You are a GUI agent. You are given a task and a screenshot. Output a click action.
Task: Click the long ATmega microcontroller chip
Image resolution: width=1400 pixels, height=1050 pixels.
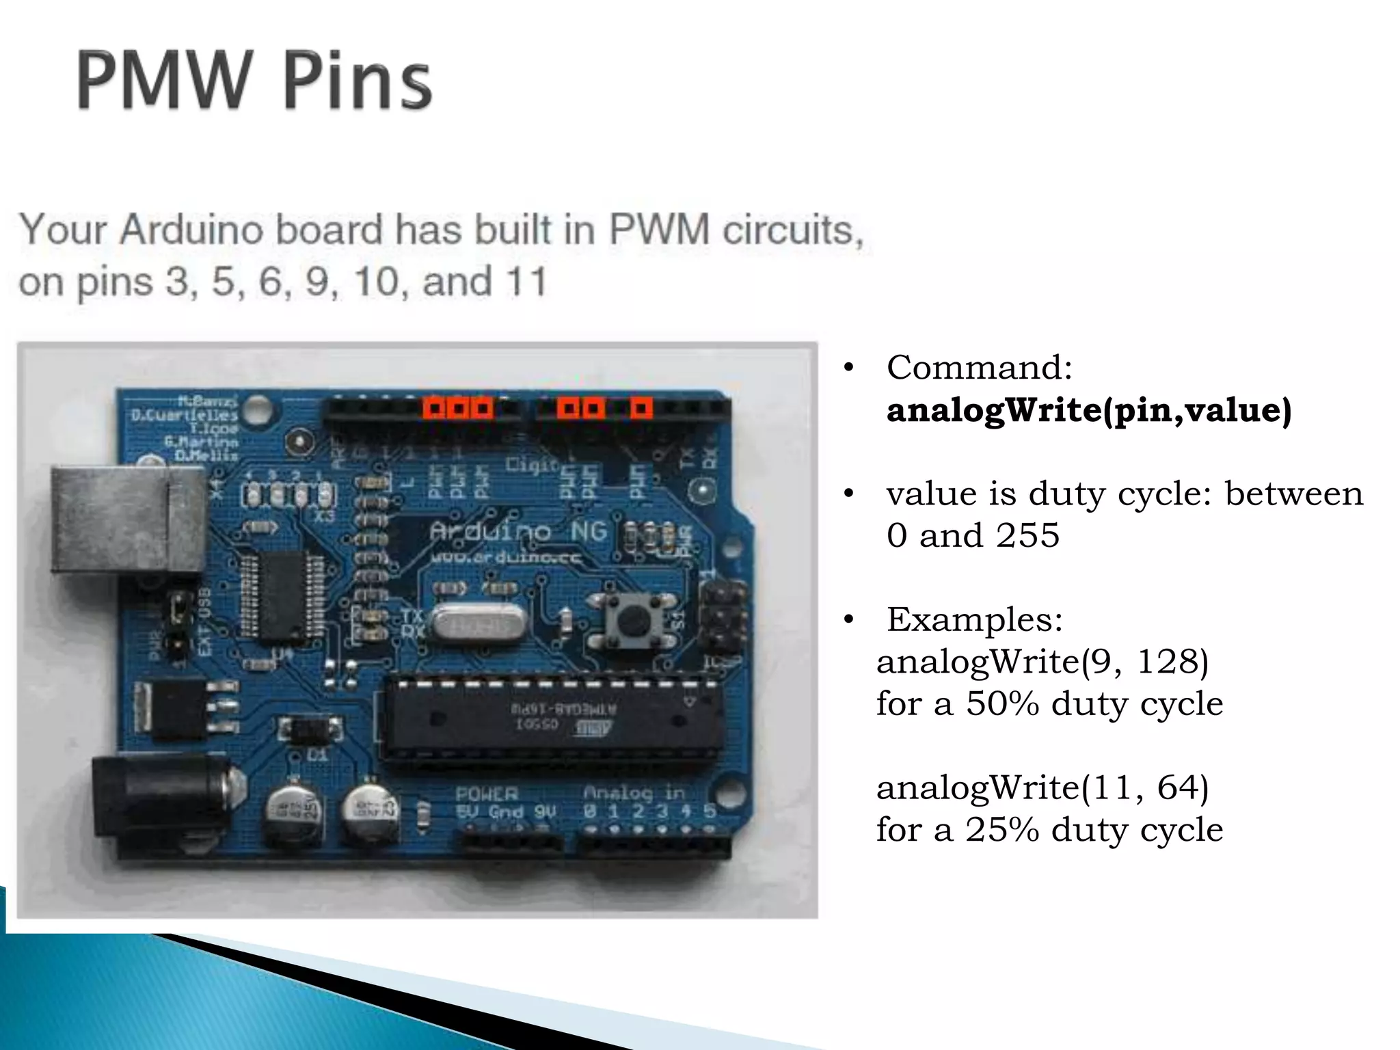point(551,718)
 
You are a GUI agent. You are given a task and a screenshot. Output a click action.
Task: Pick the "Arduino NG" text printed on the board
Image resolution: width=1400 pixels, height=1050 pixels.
point(518,531)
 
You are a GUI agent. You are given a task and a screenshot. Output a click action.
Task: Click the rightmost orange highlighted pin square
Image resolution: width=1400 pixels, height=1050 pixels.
point(641,409)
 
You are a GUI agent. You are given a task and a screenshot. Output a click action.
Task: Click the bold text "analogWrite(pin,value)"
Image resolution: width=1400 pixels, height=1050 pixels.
point(1088,410)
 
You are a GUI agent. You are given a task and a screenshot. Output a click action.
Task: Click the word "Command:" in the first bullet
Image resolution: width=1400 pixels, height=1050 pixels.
point(979,368)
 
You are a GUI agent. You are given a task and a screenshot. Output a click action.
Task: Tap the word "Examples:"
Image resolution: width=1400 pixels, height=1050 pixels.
point(974,620)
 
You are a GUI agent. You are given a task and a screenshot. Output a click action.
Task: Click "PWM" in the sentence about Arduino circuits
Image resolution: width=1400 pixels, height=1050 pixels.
point(659,230)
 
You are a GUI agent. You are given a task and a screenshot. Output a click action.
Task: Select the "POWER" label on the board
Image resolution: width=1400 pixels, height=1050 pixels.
point(487,794)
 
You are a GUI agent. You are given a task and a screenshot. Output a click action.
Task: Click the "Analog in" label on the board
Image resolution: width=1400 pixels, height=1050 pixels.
point(634,792)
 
